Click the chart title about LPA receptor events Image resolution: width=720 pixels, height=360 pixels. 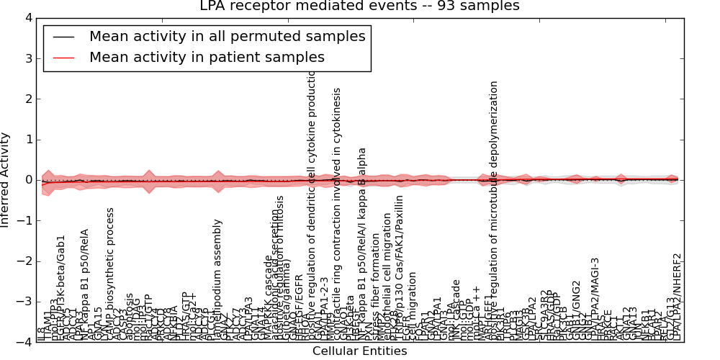point(359,6)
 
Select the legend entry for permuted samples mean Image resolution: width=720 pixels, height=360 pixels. point(227,36)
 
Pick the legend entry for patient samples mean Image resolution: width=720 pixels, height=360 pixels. point(207,57)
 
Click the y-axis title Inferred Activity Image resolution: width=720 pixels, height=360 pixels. point(6,180)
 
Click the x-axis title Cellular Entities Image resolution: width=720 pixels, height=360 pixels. point(359,351)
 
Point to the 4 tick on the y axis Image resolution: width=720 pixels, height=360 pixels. point(28,17)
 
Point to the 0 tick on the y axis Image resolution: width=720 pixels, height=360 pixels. point(28,180)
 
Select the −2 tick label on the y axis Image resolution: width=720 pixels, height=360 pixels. point(25,261)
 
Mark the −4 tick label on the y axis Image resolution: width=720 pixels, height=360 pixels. point(25,343)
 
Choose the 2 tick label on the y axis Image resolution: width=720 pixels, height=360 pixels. point(28,99)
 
